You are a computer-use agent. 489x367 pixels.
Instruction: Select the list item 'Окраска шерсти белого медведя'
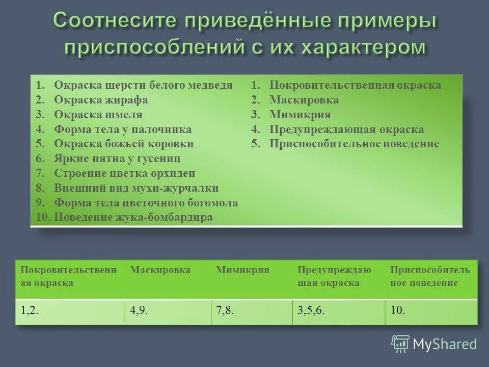143,85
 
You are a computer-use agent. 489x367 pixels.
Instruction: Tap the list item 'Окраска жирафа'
101,100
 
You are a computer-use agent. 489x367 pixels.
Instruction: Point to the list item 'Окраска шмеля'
98,115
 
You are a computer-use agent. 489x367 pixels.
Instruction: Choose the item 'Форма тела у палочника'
123,129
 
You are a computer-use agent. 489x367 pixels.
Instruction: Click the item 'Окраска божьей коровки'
124,144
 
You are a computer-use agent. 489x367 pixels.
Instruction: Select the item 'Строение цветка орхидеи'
124,173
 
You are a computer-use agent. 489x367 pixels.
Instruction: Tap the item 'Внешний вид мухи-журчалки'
136,188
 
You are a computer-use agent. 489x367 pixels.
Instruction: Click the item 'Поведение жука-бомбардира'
133,218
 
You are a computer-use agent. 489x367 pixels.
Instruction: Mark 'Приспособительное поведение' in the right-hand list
354,144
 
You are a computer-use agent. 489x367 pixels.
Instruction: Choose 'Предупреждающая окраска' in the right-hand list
346,129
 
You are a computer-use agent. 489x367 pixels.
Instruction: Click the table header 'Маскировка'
160,270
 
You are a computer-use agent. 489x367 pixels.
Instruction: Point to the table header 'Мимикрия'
242,270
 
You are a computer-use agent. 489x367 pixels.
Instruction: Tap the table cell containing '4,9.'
168,310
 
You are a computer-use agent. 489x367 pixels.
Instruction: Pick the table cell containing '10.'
431,310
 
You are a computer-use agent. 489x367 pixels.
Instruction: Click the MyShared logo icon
400,344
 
